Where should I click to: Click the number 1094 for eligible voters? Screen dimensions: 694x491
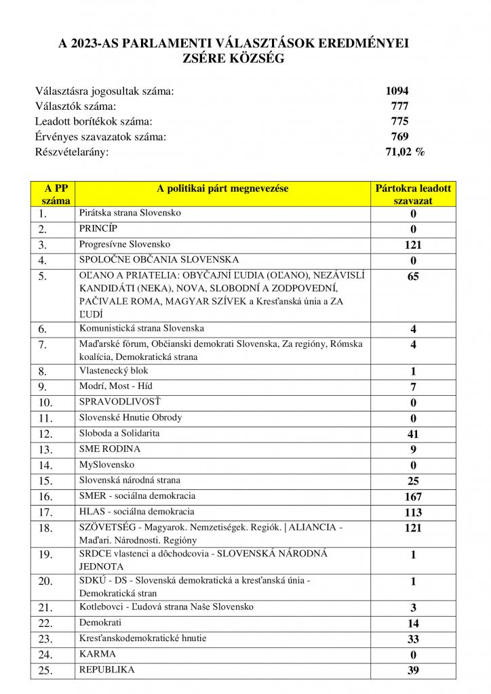click(397, 91)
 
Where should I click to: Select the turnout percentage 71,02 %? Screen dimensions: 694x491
click(405, 152)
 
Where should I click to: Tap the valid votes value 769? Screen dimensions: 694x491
click(399, 137)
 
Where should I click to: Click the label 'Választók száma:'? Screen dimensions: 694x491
click(75, 106)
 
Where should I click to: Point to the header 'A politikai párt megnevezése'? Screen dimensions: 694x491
click(222, 189)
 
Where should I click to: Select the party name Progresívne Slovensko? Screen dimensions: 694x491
click(125, 244)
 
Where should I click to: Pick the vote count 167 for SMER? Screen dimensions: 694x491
click(413, 497)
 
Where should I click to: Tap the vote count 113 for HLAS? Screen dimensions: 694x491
click(413, 512)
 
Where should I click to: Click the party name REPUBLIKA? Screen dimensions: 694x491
click(106, 670)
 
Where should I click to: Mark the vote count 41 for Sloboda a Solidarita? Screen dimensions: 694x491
click(413, 434)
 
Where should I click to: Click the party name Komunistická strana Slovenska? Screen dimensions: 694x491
click(142, 329)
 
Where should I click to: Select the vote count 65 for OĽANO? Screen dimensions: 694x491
click(413, 277)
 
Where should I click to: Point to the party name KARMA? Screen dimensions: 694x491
click(98, 654)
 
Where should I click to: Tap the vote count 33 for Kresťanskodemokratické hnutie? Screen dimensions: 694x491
click(413, 639)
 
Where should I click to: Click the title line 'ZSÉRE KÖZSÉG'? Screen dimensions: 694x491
click(234, 59)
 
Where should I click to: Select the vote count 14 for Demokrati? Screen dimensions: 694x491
click(413, 624)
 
